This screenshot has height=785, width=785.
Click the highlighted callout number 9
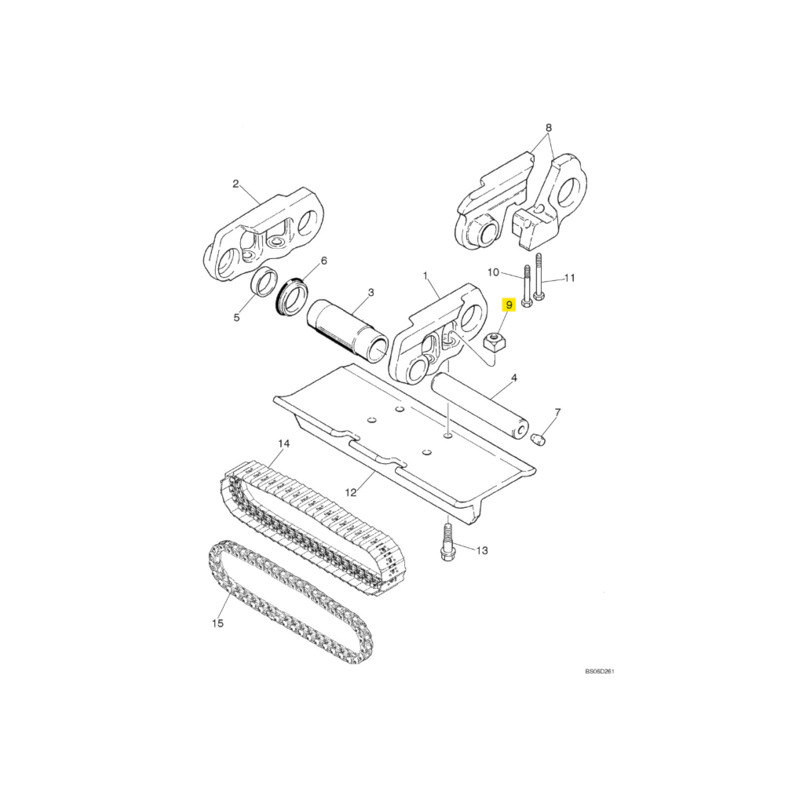click(509, 305)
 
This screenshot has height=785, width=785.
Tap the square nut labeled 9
click(495, 342)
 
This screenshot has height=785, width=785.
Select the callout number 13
click(482, 551)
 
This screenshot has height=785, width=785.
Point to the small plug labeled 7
click(539, 440)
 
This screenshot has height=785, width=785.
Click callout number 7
click(557, 412)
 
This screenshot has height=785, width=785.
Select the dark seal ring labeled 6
click(294, 297)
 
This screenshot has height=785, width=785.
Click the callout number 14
click(284, 444)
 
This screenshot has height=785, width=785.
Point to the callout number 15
click(217, 623)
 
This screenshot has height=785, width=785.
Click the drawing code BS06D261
click(599, 671)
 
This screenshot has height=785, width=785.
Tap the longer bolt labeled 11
click(539, 279)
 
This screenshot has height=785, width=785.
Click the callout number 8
click(549, 128)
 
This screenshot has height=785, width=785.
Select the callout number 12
click(351, 493)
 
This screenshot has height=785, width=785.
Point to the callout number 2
click(235, 184)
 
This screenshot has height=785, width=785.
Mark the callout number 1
click(425, 276)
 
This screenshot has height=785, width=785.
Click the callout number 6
click(323, 261)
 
